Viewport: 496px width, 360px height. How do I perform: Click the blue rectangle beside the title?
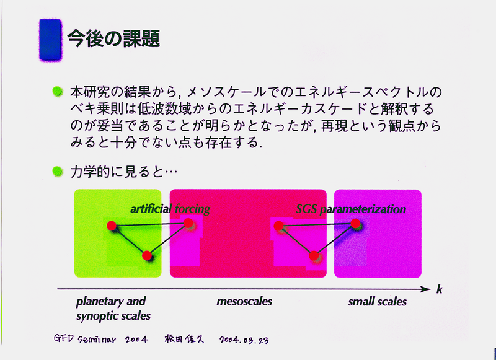click(50, 39)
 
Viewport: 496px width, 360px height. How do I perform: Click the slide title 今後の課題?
click(113, 39)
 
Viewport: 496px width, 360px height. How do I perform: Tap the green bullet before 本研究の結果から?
click(58, 92)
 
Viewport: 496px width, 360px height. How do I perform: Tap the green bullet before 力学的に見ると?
click(58, 171)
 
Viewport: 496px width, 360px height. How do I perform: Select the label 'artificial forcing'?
click(170, 209)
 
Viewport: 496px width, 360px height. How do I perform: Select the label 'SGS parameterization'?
click(351, 209)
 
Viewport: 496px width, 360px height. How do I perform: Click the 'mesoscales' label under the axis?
click(244, 301)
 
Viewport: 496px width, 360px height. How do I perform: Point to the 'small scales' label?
click(378, 301)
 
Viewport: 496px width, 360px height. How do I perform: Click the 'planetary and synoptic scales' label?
click(113, 308)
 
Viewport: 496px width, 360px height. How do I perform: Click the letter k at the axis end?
click(439, 289)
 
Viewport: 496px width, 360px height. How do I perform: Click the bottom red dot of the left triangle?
click(147, 255)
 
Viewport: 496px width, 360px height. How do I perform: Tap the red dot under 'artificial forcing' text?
click(188, 223)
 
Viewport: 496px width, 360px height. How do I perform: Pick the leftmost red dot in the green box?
click(112, 226)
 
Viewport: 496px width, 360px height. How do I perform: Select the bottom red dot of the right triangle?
click(314, 256)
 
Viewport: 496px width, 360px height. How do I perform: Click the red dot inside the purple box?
click(355, 223)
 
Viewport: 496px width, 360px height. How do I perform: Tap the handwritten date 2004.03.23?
click(244, 340)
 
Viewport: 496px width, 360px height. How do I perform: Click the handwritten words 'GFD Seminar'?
click(85, 340)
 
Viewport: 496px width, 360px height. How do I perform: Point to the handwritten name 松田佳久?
click(184, 339)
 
